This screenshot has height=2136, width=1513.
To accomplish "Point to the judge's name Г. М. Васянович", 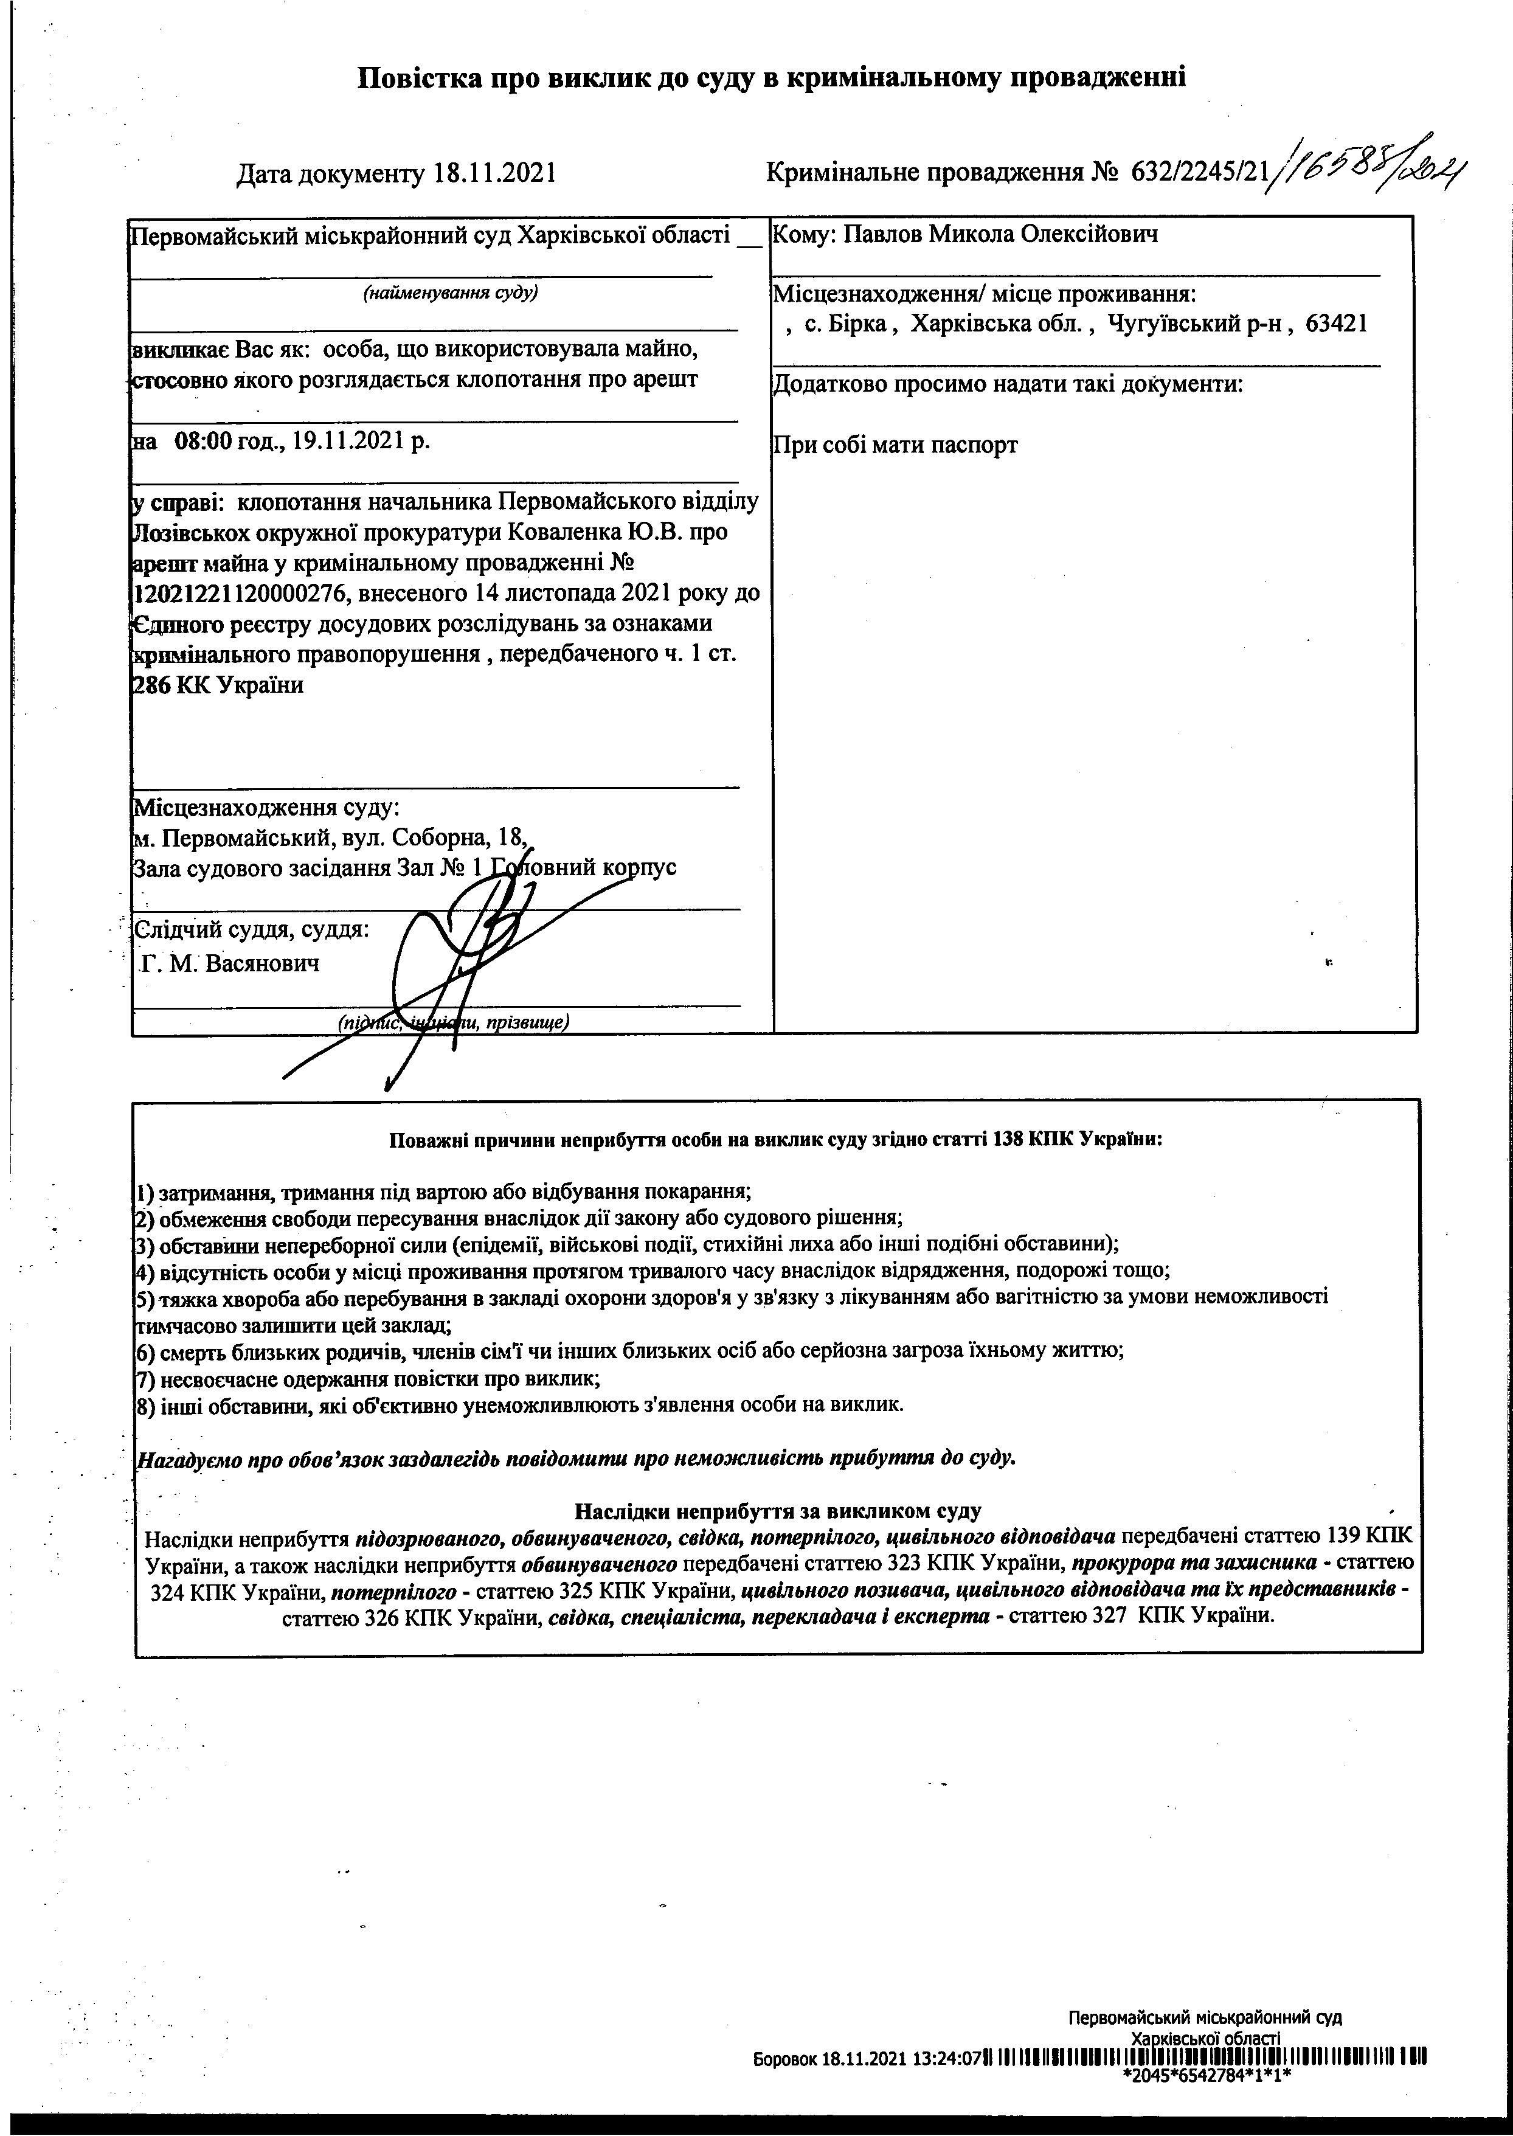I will coord(229,963).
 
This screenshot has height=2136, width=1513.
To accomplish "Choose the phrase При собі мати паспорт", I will coord(895,445).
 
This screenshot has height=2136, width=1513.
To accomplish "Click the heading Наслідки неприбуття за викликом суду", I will coord(777,1510).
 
